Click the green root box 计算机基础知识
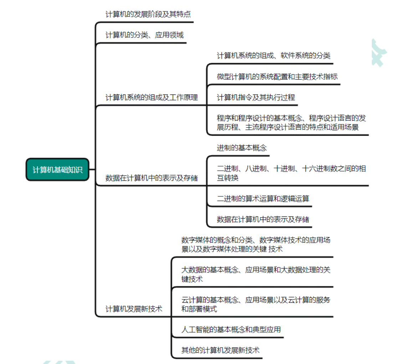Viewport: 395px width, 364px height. coord(57,170)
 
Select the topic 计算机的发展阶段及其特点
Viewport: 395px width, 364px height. coord(148,14)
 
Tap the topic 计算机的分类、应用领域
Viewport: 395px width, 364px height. coord(145,35)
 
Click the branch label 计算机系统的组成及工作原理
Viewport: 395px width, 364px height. coord(152,97)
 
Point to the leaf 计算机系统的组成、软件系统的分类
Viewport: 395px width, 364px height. coord(273,56)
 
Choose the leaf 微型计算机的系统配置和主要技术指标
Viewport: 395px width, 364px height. coord(277,77)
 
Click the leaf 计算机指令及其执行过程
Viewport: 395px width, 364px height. coord(256,97)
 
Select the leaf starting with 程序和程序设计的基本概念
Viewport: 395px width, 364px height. coord(292,123)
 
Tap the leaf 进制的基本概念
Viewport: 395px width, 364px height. coord(242,148)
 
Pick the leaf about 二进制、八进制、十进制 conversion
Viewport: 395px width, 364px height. coord(292,173)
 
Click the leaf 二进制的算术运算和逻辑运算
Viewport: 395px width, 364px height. coord(263,199)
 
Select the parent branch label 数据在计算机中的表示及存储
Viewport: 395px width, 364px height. coord(152,178)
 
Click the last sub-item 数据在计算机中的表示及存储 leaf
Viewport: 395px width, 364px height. coord(263,219)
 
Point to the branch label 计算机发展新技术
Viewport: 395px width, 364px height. coord(134,309)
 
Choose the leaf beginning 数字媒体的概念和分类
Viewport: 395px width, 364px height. coord(256,245)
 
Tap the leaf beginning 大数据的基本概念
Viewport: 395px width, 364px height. coord(256,275)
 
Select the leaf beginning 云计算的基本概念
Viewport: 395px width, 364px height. coord(256,304)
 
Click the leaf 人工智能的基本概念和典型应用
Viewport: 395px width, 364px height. coord(231,329)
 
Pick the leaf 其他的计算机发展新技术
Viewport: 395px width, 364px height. coord(220,350)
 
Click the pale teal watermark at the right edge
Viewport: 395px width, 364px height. coord(379,53)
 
